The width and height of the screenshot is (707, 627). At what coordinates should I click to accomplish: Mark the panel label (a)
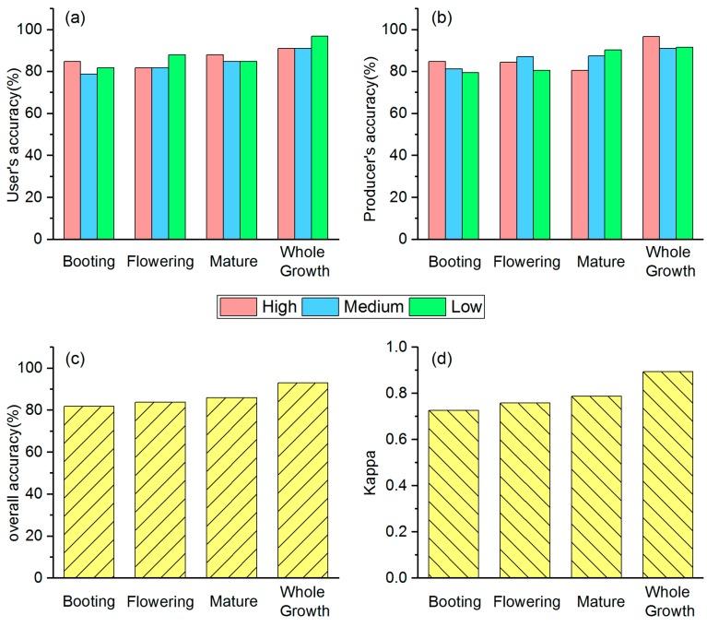click(77, 20)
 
